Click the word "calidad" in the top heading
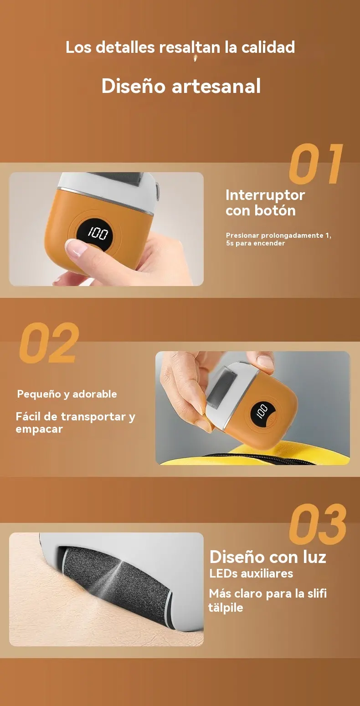(268, 47)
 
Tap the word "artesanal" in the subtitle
(216, 86)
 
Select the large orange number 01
(316, 164)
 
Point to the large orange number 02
(49, 343)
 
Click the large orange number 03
(318, 524)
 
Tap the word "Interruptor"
(265, 195)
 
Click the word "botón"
(278, 210)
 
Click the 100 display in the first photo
(98, 233)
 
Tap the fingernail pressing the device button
(77, 246)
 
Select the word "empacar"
(39, 429)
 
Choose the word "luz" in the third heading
(314, 557)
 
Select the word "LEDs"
(223, 573)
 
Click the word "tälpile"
(226, 607)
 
